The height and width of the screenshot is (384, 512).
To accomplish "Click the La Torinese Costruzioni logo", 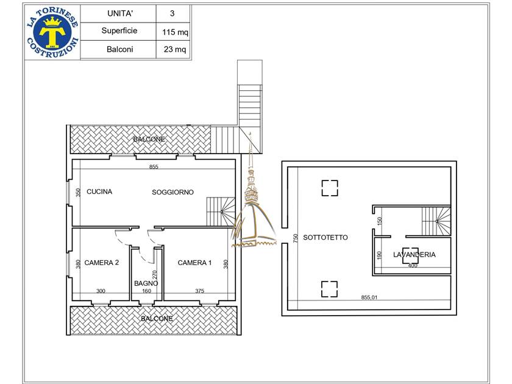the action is tap(52, 32).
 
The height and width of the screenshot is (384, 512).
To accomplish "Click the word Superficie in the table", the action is tap(119, 30).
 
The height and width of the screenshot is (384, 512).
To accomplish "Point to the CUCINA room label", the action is tap(99, 191).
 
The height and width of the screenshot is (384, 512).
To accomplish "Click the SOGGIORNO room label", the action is tap(172, 193).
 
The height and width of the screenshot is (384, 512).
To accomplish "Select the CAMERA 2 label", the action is tap(102, 263).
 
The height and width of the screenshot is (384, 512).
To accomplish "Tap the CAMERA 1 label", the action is tap(194, 263).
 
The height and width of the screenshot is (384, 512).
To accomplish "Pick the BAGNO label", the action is tap(146, 283).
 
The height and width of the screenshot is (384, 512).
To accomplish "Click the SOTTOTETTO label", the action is tap(325, 237).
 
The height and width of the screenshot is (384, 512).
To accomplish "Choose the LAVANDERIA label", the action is tap(414, 255).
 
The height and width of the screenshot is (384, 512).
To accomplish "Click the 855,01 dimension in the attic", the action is tap(369, 297).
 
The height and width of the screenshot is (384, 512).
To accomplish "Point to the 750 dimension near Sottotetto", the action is tap(296, 237).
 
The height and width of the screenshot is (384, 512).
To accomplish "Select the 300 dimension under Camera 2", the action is tap(101, 291).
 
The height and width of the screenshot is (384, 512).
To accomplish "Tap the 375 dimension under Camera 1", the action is tap(199, 291).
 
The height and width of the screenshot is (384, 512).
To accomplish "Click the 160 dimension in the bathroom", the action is tap(147, 291).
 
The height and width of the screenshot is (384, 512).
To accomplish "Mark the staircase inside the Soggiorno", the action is tap(221, 212).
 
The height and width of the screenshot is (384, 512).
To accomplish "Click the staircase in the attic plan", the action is tap(436, 221).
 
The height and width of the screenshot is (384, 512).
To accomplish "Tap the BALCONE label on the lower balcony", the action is tap(157, 319).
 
